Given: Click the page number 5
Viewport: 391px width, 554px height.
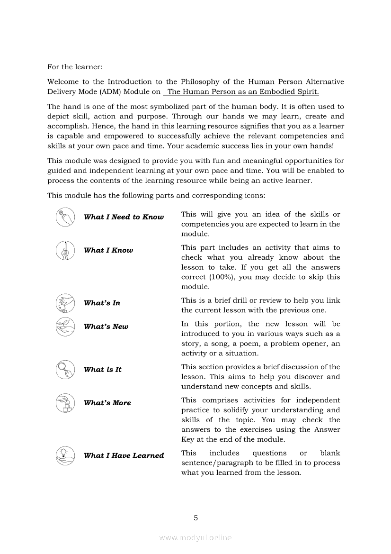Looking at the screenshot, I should point(195,518).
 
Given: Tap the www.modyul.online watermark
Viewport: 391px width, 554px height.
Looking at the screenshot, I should point(195,537).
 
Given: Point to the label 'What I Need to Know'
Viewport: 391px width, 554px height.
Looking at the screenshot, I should point(124,217).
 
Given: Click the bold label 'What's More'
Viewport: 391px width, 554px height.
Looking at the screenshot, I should point(107,403).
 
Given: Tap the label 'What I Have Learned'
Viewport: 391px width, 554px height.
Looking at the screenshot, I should point(124,455).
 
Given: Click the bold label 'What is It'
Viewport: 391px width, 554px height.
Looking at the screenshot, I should point(103,370).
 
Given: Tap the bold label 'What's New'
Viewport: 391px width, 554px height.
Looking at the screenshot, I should point(106,327).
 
